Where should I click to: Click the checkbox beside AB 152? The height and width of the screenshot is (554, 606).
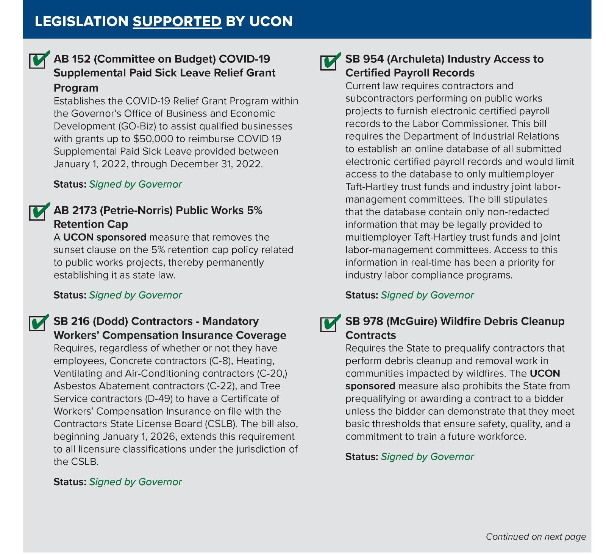point(37,61)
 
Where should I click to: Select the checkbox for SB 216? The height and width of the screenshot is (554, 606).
point(37,323)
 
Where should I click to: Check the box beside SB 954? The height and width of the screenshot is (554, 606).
point(328,62)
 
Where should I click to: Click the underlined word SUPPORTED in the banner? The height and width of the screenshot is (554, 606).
point(177,22)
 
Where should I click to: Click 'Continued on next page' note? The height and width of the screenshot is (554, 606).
point(536,537)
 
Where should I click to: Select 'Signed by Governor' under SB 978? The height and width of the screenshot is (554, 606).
point(427,457)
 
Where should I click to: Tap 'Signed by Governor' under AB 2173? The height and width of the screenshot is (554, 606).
point(135,295)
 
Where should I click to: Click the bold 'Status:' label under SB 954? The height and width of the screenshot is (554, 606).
point(361,295)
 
